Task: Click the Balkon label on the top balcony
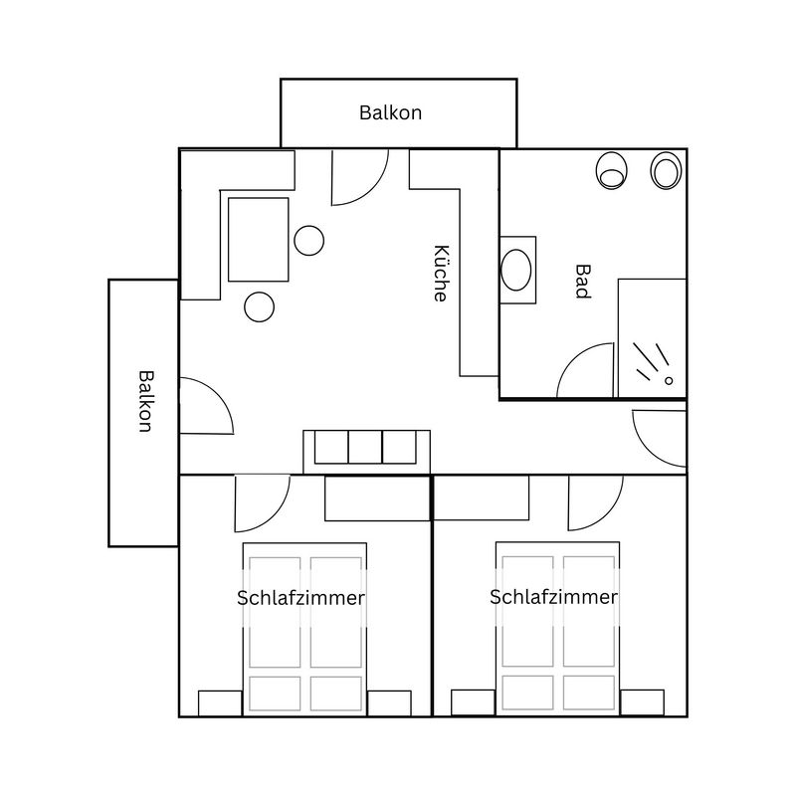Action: tap(390, 112)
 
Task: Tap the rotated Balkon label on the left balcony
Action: tap(145, 401)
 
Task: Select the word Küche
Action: tap(441, 274)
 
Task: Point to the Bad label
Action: tap(583, 282)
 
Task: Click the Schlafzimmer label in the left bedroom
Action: tap(300, 598)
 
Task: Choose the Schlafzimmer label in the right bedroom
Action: tap(553, 597)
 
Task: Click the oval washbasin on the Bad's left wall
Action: tap(515, 270)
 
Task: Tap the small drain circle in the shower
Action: tap(669, 381)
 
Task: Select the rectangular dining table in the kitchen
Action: tap(259, 240)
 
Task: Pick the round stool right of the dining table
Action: tap(309, 241)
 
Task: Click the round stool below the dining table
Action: tap(260, 306)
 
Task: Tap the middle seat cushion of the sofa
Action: tap(365, 447)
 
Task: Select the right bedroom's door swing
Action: tap(608, 517)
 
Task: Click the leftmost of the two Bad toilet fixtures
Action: tap(611, 170)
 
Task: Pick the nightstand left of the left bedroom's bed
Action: tap(220, 703)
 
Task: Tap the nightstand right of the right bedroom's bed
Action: tap(642, 702)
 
